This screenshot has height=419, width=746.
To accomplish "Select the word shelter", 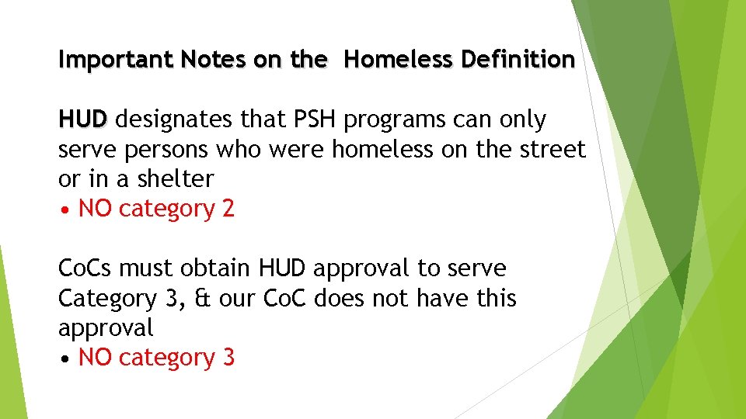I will pyautogui.click(x=176, y=179).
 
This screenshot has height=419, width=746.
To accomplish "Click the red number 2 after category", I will pyautogui.click(x=228, y=209).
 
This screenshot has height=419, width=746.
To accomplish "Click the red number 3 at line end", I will pyautogui.click(x=228, y=358).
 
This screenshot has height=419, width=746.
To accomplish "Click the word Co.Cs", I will pyautogui.click(x=88, y=269).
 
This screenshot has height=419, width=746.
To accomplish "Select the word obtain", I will pyautogui.click(x=215, y=269).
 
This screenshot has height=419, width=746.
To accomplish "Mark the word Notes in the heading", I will pyautogui.click(x=203, y=60).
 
